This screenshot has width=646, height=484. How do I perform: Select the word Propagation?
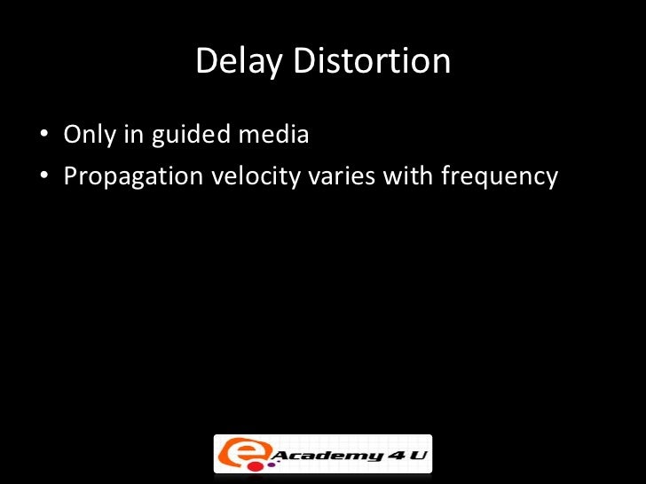(133, 177)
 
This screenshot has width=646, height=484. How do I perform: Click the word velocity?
(256, 176)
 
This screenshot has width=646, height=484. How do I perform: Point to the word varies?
(341, 176)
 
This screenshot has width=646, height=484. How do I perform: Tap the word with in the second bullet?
(403, 176)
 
